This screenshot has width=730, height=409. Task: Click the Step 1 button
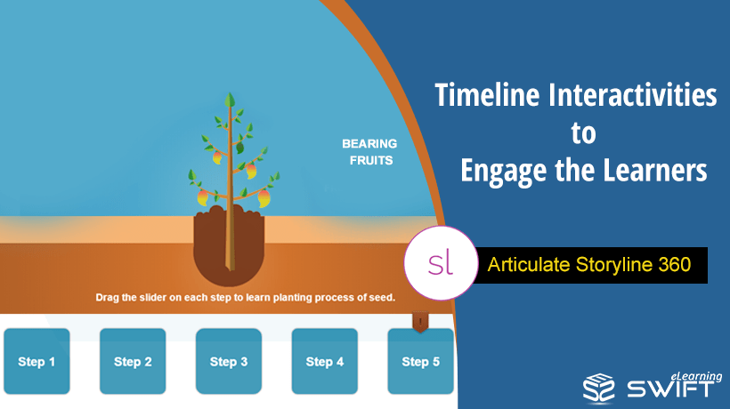[36, 361]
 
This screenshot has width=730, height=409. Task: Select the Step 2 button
[133, 361]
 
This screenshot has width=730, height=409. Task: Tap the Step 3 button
[229, 361]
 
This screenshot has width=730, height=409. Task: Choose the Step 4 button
[325, 361]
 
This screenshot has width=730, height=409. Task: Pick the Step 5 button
[420, 361]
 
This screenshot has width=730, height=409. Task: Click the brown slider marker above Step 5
[420, 322]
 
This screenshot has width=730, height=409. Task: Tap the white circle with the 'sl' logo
[441, 263]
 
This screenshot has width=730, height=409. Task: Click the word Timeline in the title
[487, 95]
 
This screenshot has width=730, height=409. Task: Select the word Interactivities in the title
[633, 95]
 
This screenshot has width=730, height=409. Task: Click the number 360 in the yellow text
[675, 264]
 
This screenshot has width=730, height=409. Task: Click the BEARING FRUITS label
[369, 152]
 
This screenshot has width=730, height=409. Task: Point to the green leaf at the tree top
[230, 100]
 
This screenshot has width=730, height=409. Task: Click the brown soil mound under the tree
[229, 245]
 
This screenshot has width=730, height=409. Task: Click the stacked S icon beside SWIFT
[599, 387]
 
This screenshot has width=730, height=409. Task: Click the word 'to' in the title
[583, 133]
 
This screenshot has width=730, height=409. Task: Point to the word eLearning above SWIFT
[696, 377]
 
